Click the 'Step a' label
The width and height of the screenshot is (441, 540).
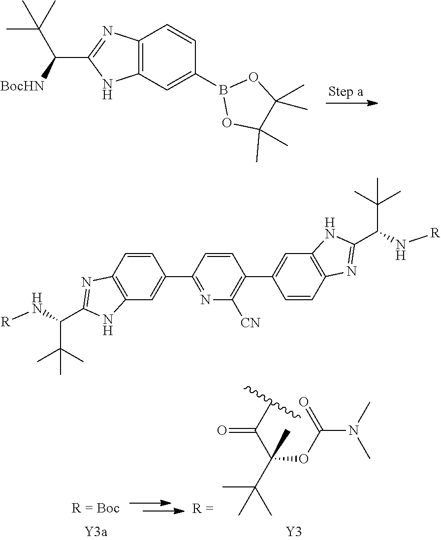tap(346, 92)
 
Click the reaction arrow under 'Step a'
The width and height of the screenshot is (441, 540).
tap(352, 104)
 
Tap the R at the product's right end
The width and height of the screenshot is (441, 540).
tap(434, 233)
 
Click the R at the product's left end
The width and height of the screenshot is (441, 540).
tap(5, 323)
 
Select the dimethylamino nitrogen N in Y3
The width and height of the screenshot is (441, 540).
tap(352, 431)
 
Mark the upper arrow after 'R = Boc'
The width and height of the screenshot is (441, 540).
tap(150, 504)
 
